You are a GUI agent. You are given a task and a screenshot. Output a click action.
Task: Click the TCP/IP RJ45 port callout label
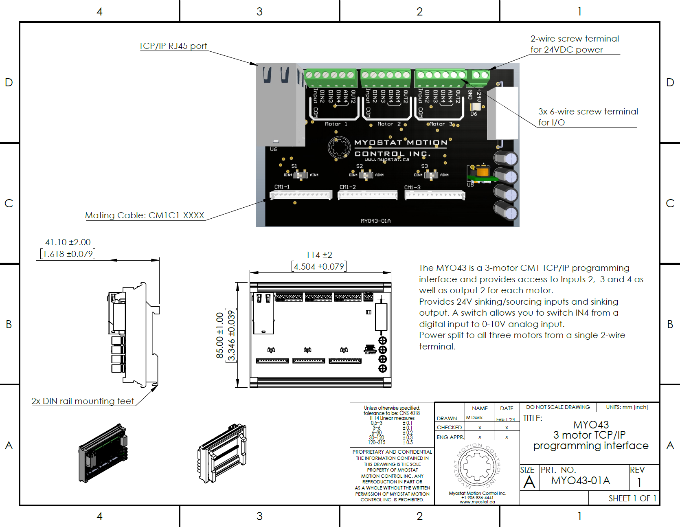tap(173, 46)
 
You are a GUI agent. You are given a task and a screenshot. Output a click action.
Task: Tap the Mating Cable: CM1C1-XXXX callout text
tap(145, 215)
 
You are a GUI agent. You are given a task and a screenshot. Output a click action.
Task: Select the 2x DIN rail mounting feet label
tap(83, 401)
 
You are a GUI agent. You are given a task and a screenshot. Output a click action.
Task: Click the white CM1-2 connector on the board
tap(367, 195)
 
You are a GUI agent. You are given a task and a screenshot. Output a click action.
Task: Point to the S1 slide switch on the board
tap(301, 175)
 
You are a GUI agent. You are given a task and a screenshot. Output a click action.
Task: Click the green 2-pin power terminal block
tap(480, 75)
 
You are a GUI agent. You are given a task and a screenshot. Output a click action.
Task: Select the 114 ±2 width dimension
tap(319, 255)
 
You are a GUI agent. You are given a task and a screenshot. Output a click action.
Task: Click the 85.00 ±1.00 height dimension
tap(220, 335)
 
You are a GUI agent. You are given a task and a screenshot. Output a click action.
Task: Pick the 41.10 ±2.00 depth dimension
tap(68, 242)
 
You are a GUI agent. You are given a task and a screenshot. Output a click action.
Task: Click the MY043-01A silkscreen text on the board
tap(375, 221)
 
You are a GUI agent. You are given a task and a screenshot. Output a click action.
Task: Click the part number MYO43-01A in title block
tap(581, 481)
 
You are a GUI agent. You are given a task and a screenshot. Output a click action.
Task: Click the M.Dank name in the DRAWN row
tap(474, 418)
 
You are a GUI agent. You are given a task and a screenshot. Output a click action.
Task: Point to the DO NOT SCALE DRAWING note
tap(558, 407)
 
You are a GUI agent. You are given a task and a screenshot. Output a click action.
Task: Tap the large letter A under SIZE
tap(529, 483)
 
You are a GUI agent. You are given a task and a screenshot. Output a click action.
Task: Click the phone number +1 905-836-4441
tap(477, 498)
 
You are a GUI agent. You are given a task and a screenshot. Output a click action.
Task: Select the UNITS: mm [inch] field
tap(627, 407)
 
